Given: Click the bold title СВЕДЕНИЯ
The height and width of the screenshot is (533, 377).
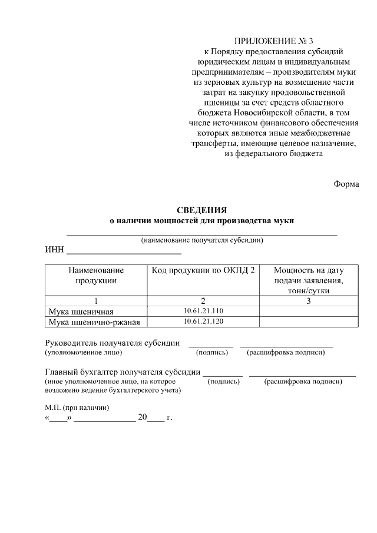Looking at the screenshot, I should click(x=202, y=210).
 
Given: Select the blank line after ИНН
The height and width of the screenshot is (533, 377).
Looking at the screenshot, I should click(x=124, y=253).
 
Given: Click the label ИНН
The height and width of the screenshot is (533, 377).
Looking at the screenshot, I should click(x=54, y=250).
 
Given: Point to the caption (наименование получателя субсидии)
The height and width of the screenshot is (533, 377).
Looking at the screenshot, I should click(x=201, y=240).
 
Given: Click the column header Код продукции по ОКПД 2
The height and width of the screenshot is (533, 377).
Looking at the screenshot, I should click(x=203, y=270).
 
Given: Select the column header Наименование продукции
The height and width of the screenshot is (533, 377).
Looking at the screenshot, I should click(x=96, y=275).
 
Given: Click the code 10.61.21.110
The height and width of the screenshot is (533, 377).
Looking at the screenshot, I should click(x=203, y=310).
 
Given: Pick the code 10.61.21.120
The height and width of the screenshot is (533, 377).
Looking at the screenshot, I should click(x=203, y=321).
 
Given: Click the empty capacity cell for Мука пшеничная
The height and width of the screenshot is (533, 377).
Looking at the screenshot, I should click(x=309, y=311).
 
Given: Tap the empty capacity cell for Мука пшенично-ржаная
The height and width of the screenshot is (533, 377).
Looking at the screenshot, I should click(x=309, y=322).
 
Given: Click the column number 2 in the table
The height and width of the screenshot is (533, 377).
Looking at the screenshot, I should click(x=203, y=300).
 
